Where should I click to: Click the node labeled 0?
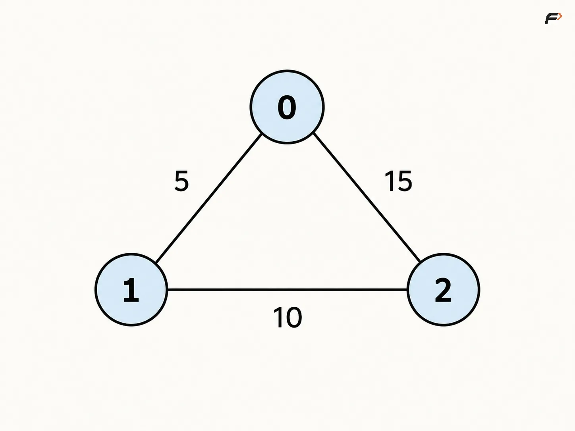(x=287, y=107)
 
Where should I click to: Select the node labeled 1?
(x=131, y=289)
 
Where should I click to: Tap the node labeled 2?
(x=443, y=289)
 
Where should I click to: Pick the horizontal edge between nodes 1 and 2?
(x=287, y=289)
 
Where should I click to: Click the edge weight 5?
(x=181, y=181)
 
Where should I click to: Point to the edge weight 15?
(x=398, y=181)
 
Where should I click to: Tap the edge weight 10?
(x=287, y=317)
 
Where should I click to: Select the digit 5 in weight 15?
(x=405, y=181)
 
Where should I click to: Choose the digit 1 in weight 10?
(x=278, y=317)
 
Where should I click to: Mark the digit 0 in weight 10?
(x=294, y=317)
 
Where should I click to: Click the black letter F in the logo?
(x=551, y=19)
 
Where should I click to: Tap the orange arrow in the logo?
(x=560, y=17)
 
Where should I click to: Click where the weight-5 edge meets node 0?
(x=262, y=135)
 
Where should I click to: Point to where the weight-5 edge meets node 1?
(x=156, y=262)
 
